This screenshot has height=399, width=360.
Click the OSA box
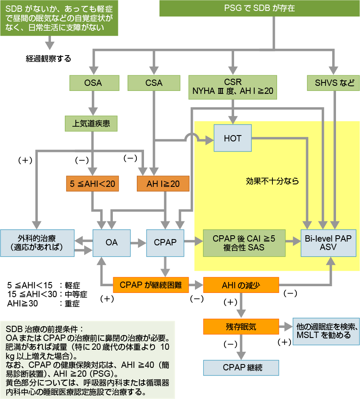point(93,83)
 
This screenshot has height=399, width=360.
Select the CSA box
point(154,83)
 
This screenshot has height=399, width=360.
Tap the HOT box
point(233,138)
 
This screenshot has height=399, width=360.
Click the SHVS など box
point(335,83)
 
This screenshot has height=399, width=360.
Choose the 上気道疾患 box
point(91,124)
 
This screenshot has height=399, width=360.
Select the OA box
point(112,242)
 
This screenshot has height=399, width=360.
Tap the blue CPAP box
point(165,242)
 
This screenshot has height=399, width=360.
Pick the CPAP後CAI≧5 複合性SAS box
point(244,243)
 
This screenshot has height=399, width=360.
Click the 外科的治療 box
point(37,242)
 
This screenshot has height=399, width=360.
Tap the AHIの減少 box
point(241,285)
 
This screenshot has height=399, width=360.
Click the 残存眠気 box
point(241,326)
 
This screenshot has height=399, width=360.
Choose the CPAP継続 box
point(241,367)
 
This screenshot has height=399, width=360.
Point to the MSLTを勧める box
point(326,331)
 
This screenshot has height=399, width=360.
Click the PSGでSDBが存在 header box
point(259,8)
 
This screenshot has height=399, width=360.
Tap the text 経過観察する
point(49,58)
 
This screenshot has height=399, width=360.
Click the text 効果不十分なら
point(272,181)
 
